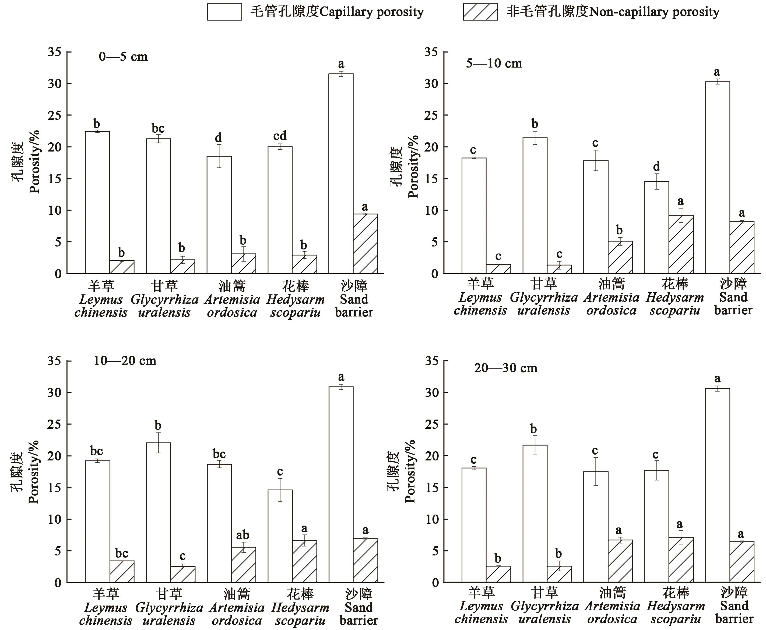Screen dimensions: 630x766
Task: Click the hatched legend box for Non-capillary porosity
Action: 480,12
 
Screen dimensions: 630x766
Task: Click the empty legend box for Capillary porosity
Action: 224,12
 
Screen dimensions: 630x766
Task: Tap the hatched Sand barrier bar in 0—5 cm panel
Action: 366,244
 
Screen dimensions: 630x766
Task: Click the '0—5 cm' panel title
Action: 123,57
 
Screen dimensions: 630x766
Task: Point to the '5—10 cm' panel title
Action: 494,64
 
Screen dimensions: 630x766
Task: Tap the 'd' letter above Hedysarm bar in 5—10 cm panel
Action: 656,167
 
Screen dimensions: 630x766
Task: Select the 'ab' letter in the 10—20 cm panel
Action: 243,535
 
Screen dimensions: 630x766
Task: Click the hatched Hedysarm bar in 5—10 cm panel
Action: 681,244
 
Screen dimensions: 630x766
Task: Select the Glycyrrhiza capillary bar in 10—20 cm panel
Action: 158,512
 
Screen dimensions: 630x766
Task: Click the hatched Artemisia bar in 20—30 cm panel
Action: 620,561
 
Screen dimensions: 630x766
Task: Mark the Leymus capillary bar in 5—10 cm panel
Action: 474,216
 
